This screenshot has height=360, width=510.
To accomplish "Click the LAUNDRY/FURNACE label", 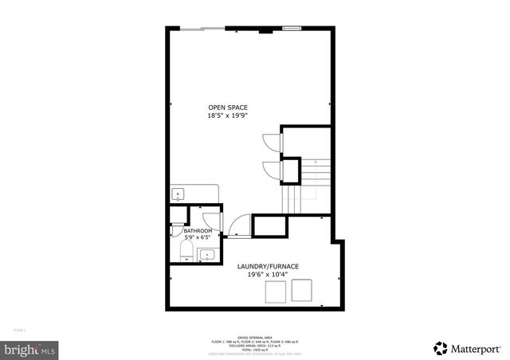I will click(268, 267).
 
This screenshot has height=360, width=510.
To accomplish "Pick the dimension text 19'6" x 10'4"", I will click(268, 276).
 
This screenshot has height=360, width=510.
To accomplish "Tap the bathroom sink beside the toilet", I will click(206, 256).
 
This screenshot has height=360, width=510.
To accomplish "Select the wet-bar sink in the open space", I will click(178, 194).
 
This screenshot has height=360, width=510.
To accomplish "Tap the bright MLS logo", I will click(29, 348).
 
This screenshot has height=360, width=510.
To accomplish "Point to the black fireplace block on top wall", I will click(265, 31).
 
